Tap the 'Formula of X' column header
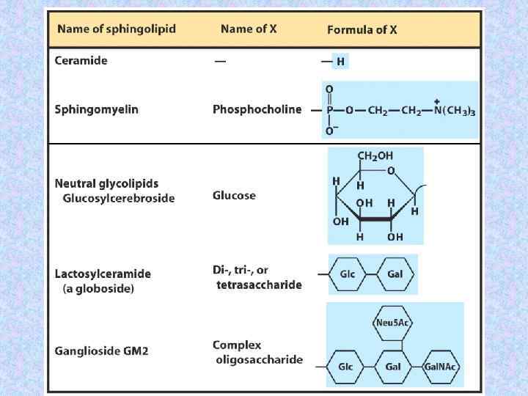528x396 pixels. [x=362, y=30]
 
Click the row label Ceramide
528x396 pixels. [x=81, y=61]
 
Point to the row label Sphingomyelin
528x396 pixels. [x=96, y=109]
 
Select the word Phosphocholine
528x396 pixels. [x=257, y=109]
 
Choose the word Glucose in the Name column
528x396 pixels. [x=234, y=195]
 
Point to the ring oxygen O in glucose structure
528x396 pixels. [x=391, y=171]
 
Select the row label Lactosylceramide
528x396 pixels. [x=103, y=274]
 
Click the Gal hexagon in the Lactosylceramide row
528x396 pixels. [x=394, y=274]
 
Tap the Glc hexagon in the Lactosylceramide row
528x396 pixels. [x=347, y=274]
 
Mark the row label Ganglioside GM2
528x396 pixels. [x=101, y=351]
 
